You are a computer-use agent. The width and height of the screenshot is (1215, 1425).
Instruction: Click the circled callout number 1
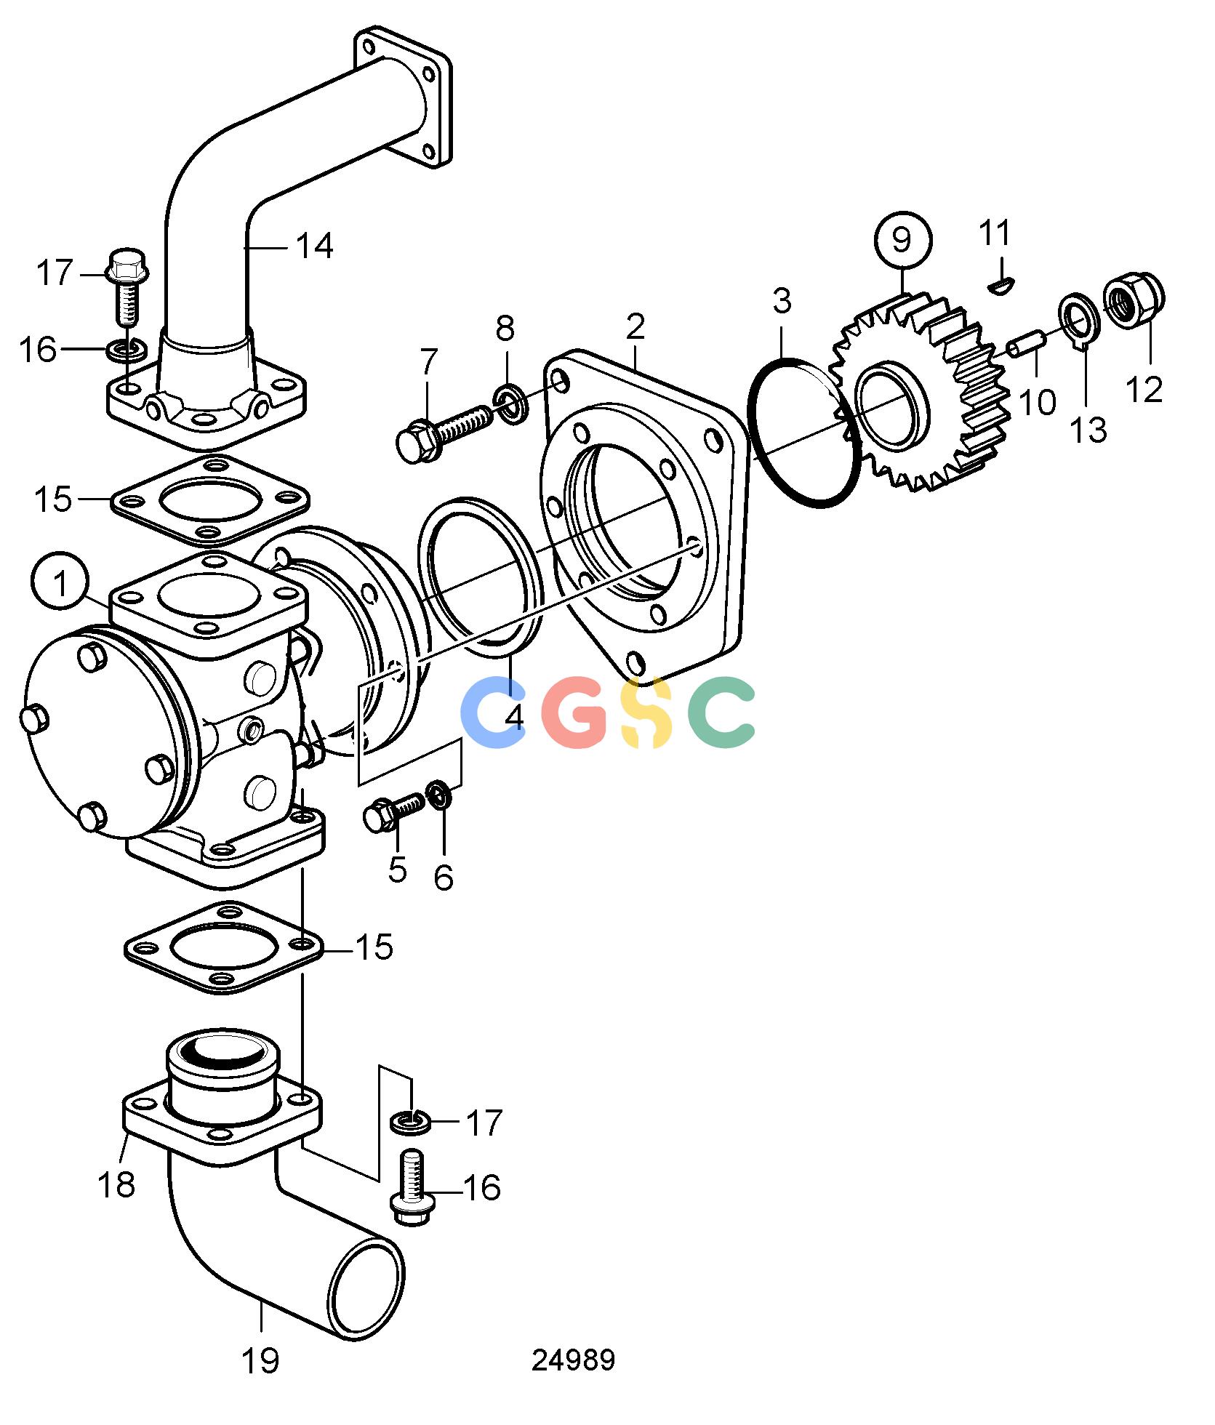60,584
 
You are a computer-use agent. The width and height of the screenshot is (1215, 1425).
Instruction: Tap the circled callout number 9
901,241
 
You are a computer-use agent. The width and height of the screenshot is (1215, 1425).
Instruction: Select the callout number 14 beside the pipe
314,246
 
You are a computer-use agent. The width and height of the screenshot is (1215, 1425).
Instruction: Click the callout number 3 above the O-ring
782,301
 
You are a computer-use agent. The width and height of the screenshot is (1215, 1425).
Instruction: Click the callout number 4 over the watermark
515,716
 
